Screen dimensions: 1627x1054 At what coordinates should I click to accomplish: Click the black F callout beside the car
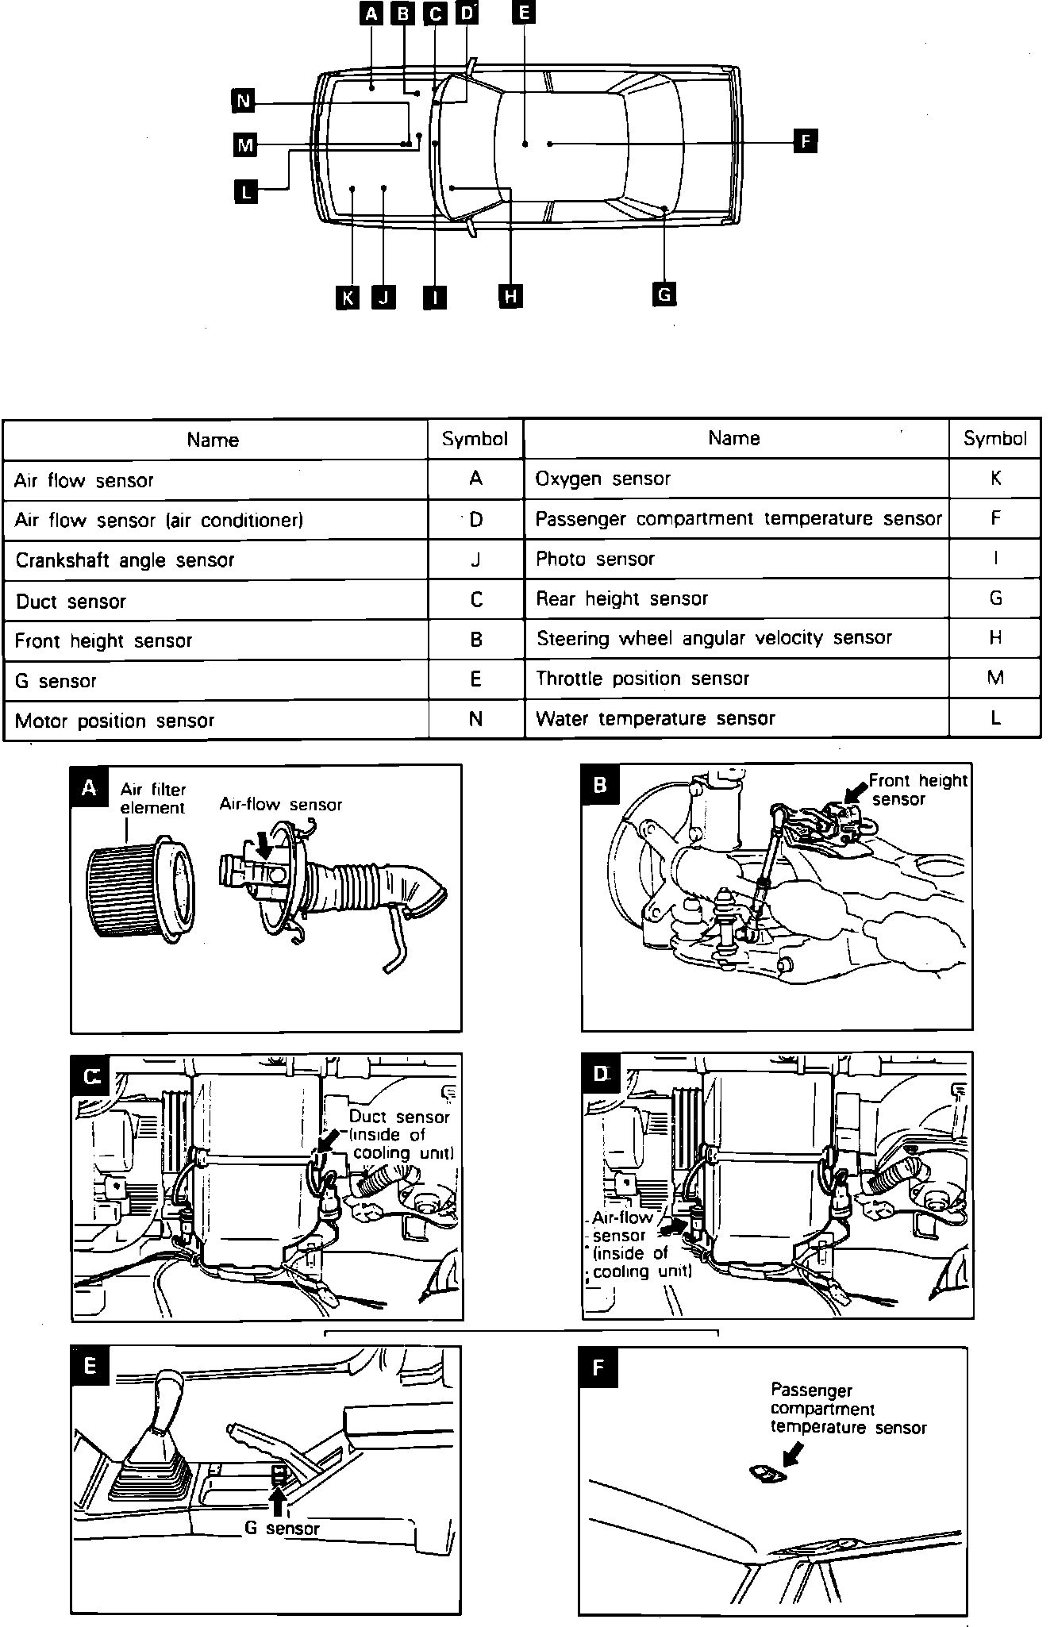pyautogui.click(x=805, y=142)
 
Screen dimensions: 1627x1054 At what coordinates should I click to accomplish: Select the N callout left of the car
pyautogui.click(x=243, y=101)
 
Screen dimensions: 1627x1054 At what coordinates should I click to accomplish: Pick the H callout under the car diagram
pyautogui.click(x=510, y=297)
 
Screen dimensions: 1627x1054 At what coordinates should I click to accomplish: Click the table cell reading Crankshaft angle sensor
pyautogui.click(x=215, y=560)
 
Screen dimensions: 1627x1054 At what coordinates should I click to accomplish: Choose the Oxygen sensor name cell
pyautogui.click(x=736, y=479)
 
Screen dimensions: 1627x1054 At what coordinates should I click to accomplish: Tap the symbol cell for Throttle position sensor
pyautogui.click(x=995, y=678)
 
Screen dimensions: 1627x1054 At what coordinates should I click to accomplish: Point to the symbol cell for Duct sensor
pyautogui.click(x=475, y=600)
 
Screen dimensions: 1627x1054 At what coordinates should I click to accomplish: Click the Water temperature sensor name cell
pyautogui.click(x=736, y=719)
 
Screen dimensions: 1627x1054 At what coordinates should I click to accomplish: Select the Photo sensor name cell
pyautogui.click(x=736, y=559)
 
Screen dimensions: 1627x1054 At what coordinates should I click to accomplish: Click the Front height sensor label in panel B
pyautogui.click(x=917, y=790)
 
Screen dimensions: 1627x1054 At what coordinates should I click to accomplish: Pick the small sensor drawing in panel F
pyautogui.click(x=767, y=1474)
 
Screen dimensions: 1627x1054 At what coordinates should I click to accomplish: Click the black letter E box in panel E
pyautogui.click(x=90, y=1366)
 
